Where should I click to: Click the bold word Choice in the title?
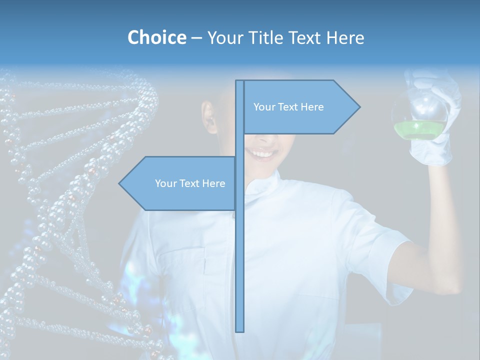(x=156, y=37)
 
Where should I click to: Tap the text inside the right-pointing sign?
(x=288, y=107)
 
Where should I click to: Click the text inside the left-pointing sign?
(x=190, y=183)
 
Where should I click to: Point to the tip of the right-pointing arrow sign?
(x=359, y=106)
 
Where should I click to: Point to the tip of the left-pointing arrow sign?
(x=119, y=183)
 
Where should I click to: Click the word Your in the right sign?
(x=263, y=107)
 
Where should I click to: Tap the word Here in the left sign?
(x=213, y=183)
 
